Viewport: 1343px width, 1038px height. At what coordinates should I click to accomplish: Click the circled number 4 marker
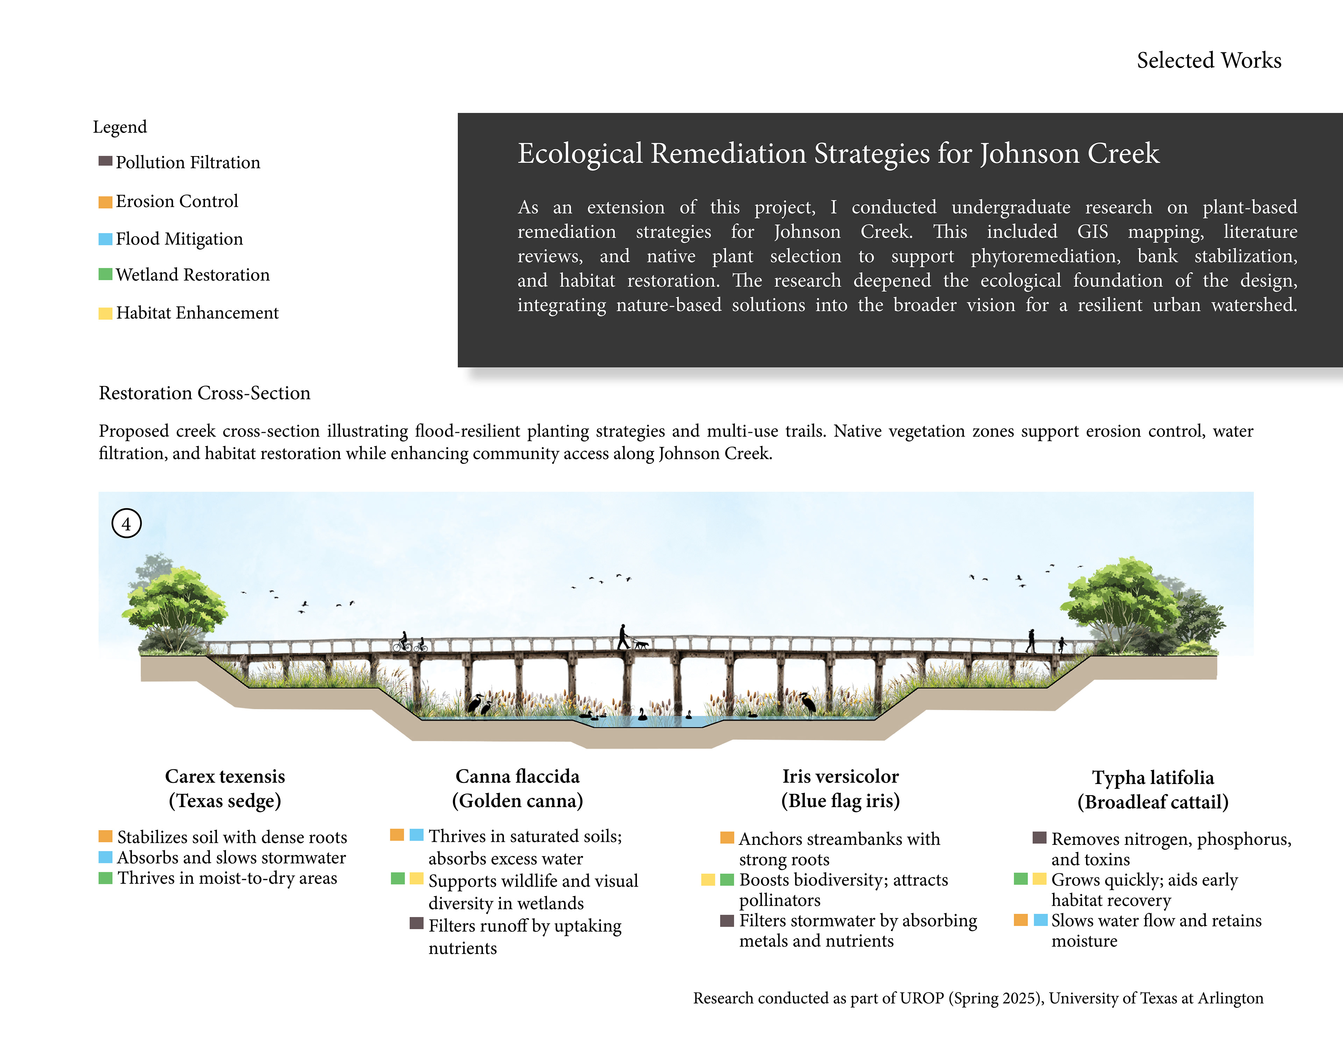126,524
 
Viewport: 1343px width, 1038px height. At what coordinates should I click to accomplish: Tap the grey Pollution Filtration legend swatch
105,161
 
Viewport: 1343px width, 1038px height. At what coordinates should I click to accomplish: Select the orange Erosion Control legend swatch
105,202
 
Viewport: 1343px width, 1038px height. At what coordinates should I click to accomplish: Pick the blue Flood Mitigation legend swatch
105,239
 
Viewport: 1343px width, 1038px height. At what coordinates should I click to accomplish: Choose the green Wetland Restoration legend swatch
105,274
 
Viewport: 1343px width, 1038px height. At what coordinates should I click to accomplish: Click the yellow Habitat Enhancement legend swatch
105,313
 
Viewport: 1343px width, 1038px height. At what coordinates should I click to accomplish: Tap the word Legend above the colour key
120,127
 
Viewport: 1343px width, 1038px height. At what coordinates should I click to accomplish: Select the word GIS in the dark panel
1092,231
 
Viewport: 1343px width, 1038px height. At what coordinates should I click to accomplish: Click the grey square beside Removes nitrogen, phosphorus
1039,838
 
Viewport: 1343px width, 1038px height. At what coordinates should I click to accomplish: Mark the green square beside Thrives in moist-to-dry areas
105,877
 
